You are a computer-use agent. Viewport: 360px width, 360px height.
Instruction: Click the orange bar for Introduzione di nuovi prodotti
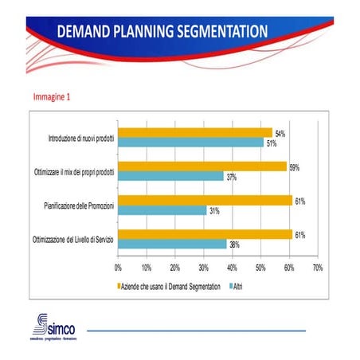click(x=195, y=132)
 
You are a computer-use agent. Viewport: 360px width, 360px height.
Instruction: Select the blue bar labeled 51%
click(x=191, y=143)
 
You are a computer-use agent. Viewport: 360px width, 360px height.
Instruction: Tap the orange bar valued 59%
click(x=202, y=166)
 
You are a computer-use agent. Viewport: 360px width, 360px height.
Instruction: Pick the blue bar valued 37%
click(x=171, y=176)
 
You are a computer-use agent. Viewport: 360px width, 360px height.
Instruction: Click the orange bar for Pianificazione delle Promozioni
click(x=205, y=200)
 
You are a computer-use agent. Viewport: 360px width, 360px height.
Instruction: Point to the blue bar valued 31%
click(x=162, y=210)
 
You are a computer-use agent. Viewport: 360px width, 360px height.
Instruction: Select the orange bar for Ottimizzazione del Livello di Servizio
click(x=205, y=234)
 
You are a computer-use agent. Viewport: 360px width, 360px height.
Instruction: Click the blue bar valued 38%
click(x=172, y=244)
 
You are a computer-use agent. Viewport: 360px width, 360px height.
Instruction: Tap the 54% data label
click(x=280, y=133)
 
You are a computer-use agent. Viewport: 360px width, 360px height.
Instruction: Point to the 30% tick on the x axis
click(x=204, y=268)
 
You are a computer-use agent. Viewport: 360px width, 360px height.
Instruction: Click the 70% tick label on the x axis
click(x=317, y=268)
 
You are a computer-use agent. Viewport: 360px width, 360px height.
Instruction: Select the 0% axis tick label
click(x=119, y=268)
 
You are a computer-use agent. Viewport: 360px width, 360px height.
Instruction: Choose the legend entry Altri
click(x=237, y=284)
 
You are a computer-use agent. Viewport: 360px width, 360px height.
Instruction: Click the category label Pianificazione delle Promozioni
click(x=80, y=205)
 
